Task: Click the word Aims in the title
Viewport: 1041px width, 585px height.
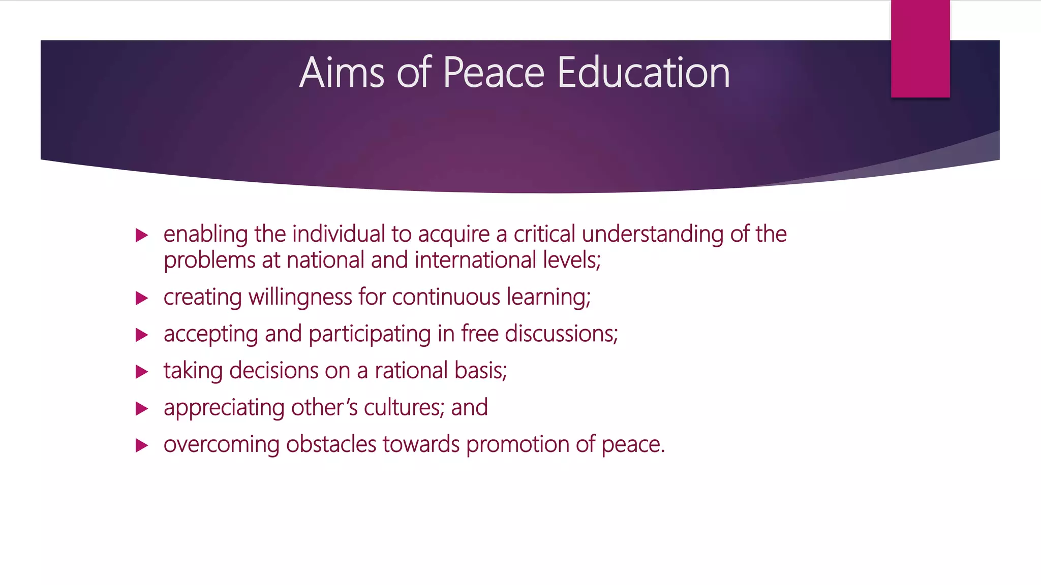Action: [342, 73]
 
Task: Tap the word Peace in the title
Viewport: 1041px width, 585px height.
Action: [494, 73]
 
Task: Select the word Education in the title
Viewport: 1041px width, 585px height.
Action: [644, 73]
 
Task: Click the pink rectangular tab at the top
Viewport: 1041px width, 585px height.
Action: [920, 49]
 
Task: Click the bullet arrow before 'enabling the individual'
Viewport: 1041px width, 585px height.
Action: [142, 235]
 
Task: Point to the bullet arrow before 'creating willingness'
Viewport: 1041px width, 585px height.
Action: [142, 298]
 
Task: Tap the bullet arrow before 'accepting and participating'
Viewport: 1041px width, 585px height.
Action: [142, 335]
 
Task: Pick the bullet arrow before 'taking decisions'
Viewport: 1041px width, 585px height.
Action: [142, 372]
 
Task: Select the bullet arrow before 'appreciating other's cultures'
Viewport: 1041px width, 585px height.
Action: [142, 409]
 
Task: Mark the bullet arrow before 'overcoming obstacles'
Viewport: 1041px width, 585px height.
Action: [142, 446]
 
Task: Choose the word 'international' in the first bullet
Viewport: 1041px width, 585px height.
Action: [475, 260]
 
